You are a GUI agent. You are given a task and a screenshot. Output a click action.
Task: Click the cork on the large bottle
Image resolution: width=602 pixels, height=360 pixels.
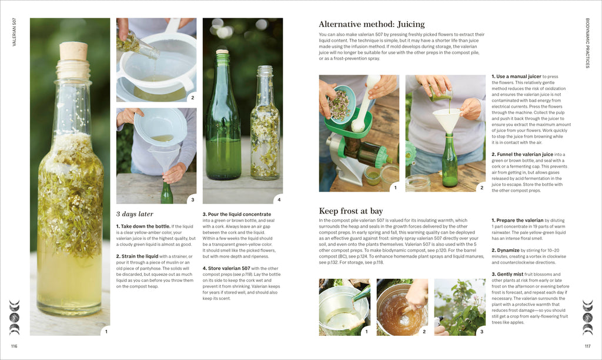pyautogui.click(x=73, y=51)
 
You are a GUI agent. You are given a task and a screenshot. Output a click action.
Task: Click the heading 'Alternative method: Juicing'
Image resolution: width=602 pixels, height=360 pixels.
pyautogui.click(x=372, y=24)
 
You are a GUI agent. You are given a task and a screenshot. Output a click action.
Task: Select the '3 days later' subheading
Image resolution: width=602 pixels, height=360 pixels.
pyautogui.click(x=135, y=214)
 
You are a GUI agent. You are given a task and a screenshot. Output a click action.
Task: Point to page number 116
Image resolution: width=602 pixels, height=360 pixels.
pyautogui.click(x=14, y=346)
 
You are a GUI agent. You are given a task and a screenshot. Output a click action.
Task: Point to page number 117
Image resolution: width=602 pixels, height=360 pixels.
pyautogui.click(x=587, y=346)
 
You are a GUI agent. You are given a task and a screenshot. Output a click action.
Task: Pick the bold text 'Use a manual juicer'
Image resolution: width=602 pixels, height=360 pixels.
pyautogui.click(x=519, y=76)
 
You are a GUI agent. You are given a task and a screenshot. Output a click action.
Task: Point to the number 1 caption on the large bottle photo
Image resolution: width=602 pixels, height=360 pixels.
pyautogui.click(x=106, y=331)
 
